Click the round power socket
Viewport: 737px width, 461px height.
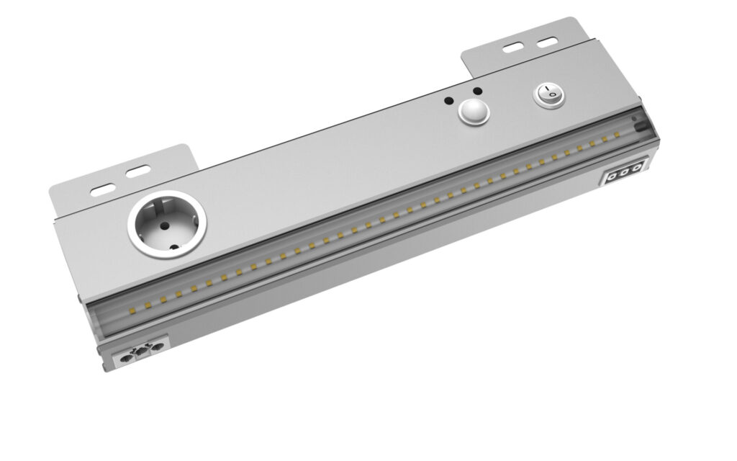166,224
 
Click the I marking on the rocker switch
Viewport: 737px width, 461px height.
545,91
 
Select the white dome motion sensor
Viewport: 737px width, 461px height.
471,112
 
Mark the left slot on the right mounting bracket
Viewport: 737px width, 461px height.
512,49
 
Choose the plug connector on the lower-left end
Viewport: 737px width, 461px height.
141,352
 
